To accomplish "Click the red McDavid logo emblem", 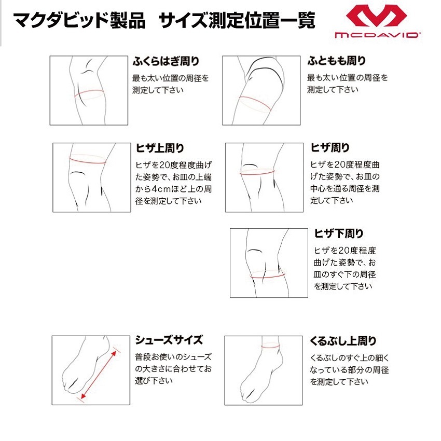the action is [x=376, y=16].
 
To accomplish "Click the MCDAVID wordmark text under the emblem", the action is [x=377, y=35].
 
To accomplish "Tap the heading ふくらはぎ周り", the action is [x=166, y=61].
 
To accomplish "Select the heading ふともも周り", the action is [x=336, y=61].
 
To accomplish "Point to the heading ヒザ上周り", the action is [x=160, y=148].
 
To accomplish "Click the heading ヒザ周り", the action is [x=330, y=147].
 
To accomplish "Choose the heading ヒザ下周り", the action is [x=339, y=233].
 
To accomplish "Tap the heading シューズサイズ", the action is [x=169, y=340].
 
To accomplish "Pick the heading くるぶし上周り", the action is [x=343, y=340].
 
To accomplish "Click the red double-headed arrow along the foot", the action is [x=98, y=375].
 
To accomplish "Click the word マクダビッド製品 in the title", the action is [x=79, y=20].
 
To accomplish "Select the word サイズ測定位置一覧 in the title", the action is [x=237, y=20].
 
